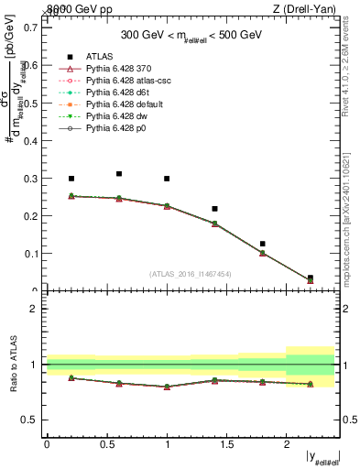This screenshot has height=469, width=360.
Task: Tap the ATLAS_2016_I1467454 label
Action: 191,274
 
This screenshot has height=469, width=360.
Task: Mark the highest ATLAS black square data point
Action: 119,173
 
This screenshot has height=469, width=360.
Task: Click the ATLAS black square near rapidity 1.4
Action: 214,209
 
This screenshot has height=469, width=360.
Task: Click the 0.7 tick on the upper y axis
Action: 31,27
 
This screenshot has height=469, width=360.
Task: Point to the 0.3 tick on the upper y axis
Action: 31,178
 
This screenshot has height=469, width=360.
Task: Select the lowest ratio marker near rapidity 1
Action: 167,387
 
